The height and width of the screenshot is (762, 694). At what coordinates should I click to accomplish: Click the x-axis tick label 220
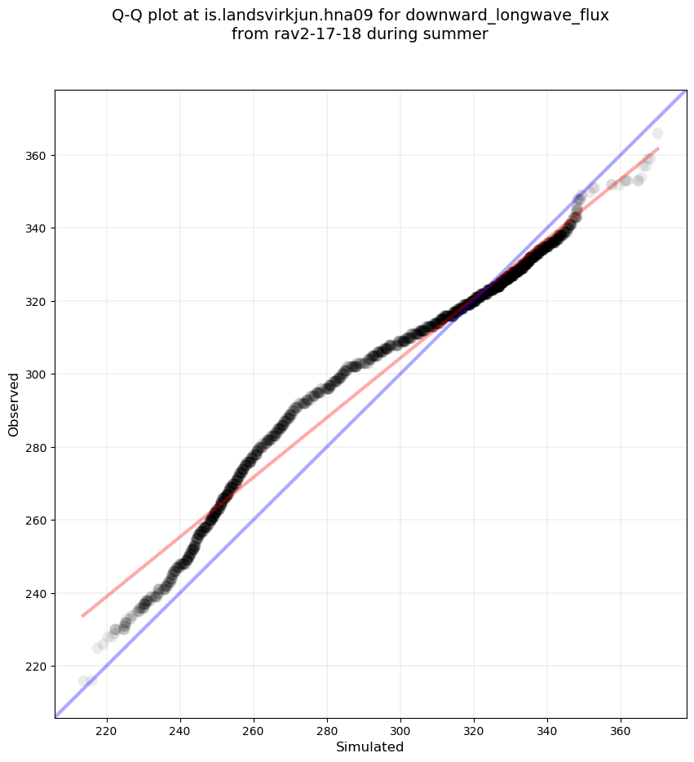107,731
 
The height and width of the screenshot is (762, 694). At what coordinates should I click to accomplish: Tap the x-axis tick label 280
327,731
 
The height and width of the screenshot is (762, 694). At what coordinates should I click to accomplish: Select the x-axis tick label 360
621,731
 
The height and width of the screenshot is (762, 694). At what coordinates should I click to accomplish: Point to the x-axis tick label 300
400,731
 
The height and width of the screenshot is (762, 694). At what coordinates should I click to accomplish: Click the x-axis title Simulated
370,747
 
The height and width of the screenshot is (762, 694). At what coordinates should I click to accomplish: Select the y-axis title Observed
14,404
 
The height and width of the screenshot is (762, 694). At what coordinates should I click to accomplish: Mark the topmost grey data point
657,133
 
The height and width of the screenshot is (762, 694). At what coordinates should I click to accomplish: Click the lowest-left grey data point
83,680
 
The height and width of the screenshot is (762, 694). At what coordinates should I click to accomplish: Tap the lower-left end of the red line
82,616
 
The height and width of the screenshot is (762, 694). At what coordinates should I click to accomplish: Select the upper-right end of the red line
658,148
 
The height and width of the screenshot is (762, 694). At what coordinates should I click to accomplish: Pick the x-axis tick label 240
180,731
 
